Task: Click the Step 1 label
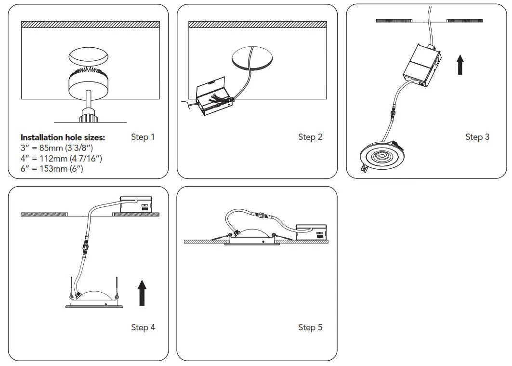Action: point(143,137)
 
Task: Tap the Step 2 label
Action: point(310,137)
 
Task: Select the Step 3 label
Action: point(477,137)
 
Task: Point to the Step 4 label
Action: point(143,327)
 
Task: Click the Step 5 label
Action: point(310,327)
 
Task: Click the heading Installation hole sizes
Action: point(63,137)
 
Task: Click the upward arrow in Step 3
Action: point(460,64)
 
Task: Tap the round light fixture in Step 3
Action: point(380,157)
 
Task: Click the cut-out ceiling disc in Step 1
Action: point(88,57)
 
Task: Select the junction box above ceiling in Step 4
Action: point(136,204)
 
